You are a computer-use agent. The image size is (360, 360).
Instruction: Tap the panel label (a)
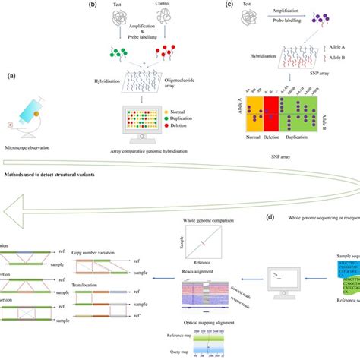click(13, 76)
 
